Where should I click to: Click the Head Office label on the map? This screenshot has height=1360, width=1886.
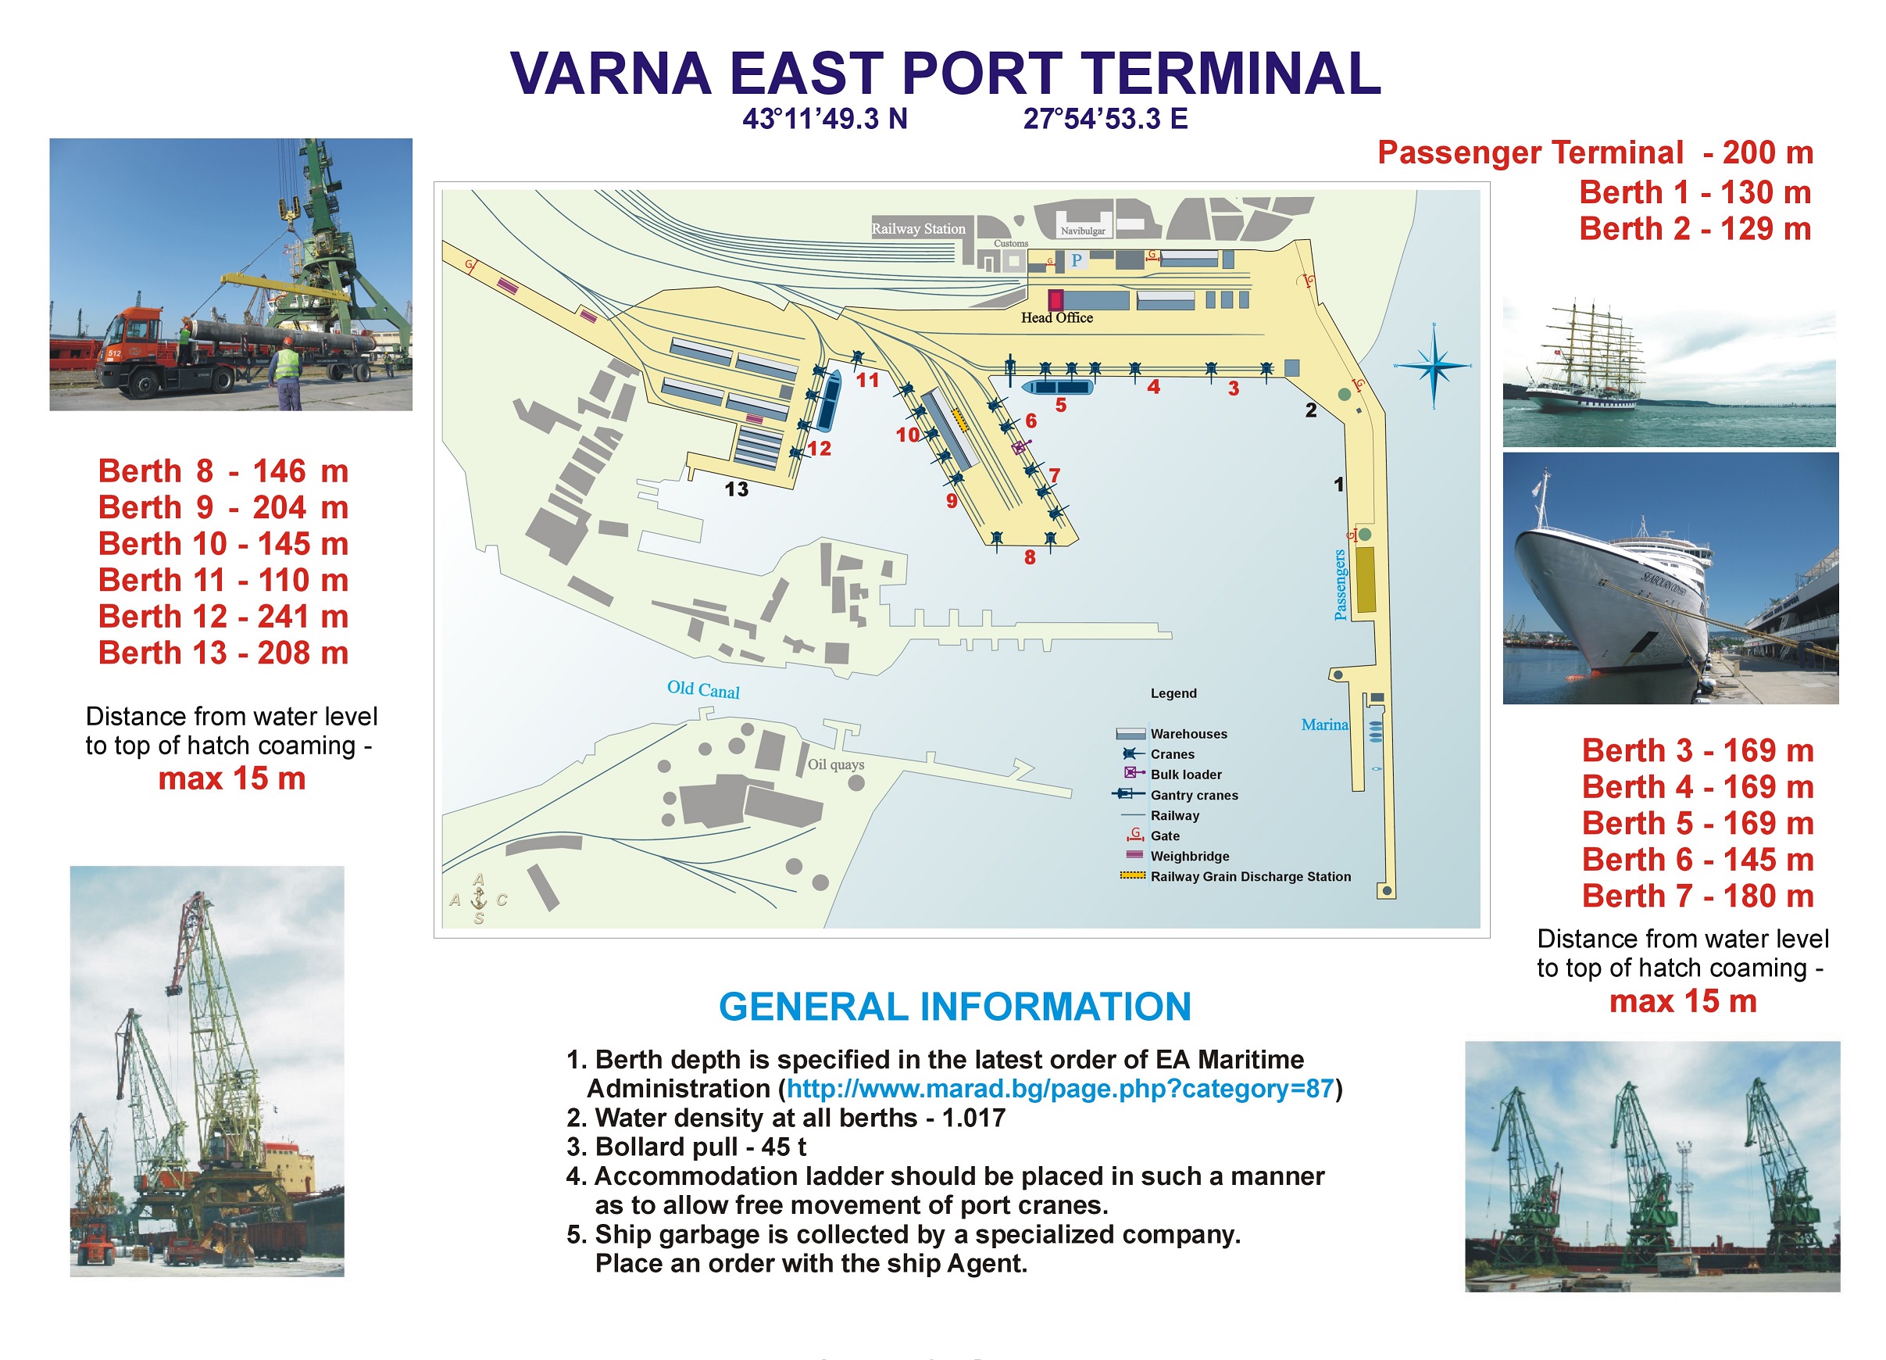(1057, 318)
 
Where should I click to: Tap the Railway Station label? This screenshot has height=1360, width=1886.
(918, 229)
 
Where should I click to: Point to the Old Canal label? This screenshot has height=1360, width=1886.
(703, 689)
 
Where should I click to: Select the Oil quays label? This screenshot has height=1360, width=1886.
(836, 764)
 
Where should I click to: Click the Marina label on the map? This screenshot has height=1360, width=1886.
(1325, 725)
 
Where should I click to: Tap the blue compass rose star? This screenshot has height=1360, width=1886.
(1434, 366)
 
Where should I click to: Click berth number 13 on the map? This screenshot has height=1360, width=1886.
(737, 489)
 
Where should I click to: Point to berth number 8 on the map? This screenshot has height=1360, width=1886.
(1031, 557)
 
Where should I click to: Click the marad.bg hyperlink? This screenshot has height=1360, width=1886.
(1060, 1089)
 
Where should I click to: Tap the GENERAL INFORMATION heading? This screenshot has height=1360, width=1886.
(955, 1007)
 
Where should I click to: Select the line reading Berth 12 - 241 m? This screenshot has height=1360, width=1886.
(223, 617)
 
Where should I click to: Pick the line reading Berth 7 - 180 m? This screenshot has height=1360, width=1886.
(1697, 896)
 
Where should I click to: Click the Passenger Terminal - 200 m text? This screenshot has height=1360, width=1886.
(1595, 152)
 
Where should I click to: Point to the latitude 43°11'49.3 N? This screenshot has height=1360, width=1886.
(825, 119)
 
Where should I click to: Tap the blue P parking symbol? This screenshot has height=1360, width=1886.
(1076, 260)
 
